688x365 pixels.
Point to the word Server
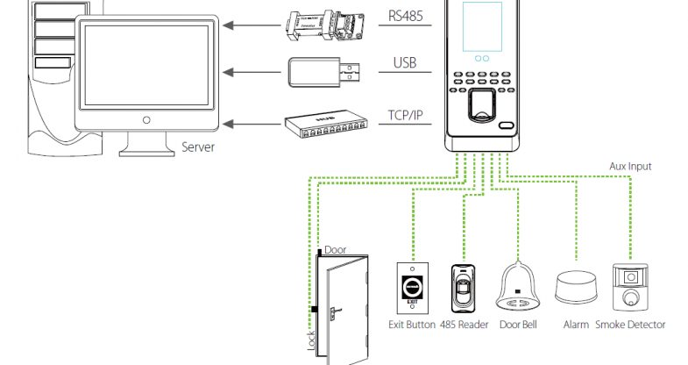[198, 147]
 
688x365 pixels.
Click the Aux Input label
[630, 165]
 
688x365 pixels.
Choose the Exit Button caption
[412, 325]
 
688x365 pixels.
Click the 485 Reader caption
[464, 325]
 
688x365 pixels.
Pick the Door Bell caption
[517, 325]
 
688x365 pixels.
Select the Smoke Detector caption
[630, 325]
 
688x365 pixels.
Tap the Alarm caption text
[576, 325]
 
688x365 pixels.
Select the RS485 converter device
[319, 23]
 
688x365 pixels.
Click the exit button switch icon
[412, 286]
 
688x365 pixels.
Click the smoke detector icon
[630, 287]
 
